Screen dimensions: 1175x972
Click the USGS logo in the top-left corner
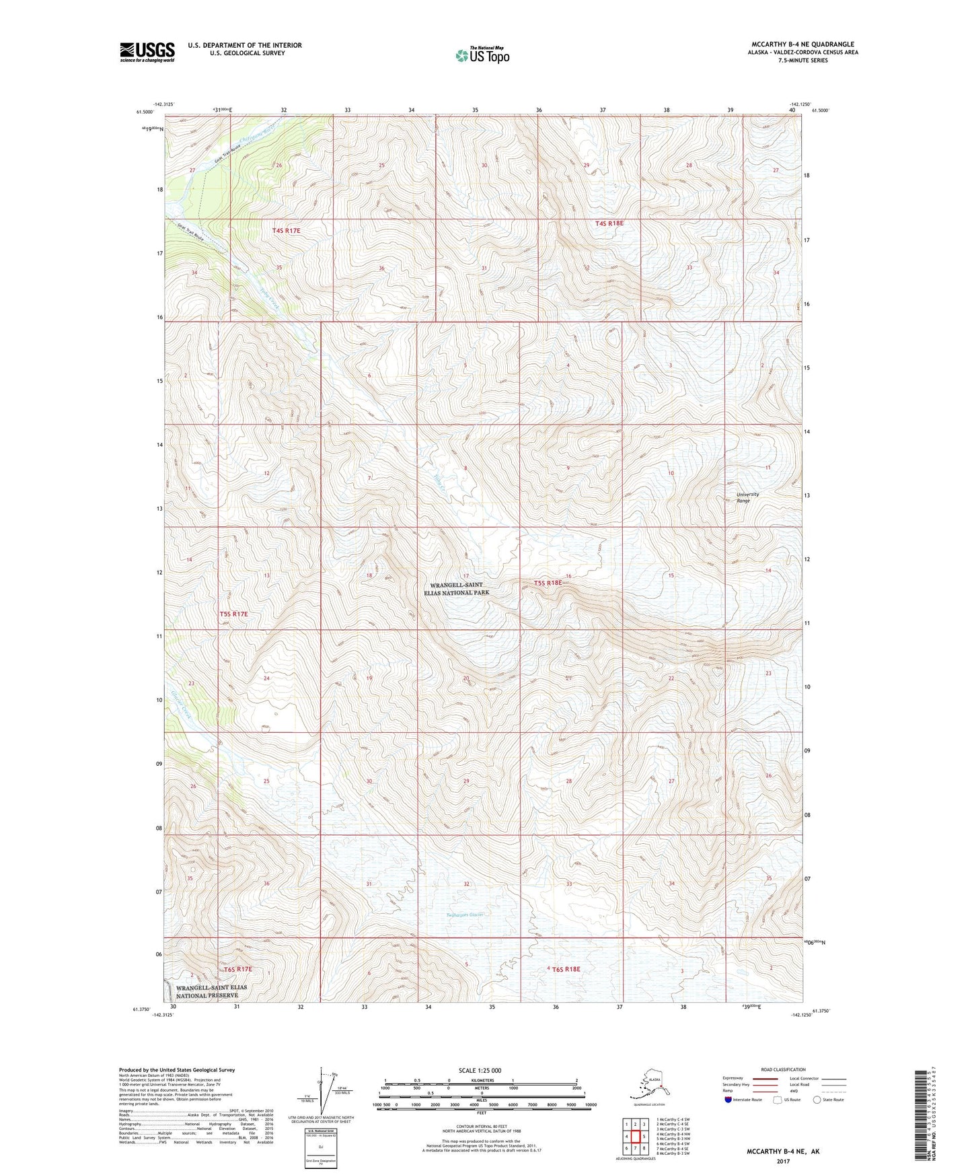(x=147, y=52)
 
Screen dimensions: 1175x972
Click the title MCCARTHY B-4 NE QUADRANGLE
(x=802, y=44)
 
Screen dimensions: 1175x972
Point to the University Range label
(x=747, y=497)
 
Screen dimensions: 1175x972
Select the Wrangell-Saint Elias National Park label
(x=457, y=589)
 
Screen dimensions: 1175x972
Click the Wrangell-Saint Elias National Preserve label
(x=211, y=991)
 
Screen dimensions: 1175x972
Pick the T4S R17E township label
(x=286, y=231)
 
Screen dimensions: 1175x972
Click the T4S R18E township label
(x=609, y=223)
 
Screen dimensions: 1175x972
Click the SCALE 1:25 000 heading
(x=480, y=1070)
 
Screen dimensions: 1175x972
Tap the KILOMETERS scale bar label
(x=480, y=1081)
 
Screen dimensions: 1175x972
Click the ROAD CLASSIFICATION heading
(x=783, y=1069)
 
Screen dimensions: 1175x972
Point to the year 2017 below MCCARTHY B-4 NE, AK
(x=782, y=1161)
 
